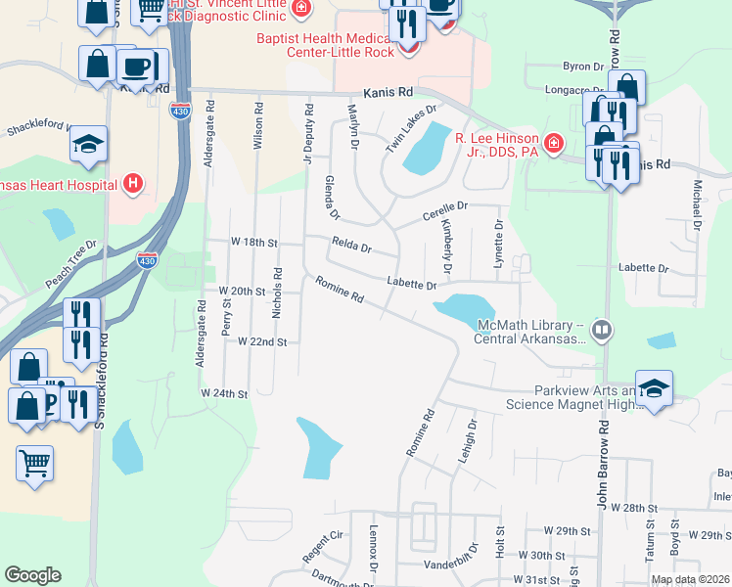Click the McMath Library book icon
(x=601, y=331)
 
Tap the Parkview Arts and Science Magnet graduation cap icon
(x=654, y=386)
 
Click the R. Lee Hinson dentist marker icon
(x=554, y=145)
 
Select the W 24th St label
(x=225, y=393)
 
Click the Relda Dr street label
(x=351, y=246)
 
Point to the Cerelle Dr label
(x=445, y=208)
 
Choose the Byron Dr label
(x=583, y=67)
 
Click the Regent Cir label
(x=325, y=547)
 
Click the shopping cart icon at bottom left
(x=35, y=462)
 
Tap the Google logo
(x=32, y=575)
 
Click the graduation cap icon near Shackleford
(x=88, y=145)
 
